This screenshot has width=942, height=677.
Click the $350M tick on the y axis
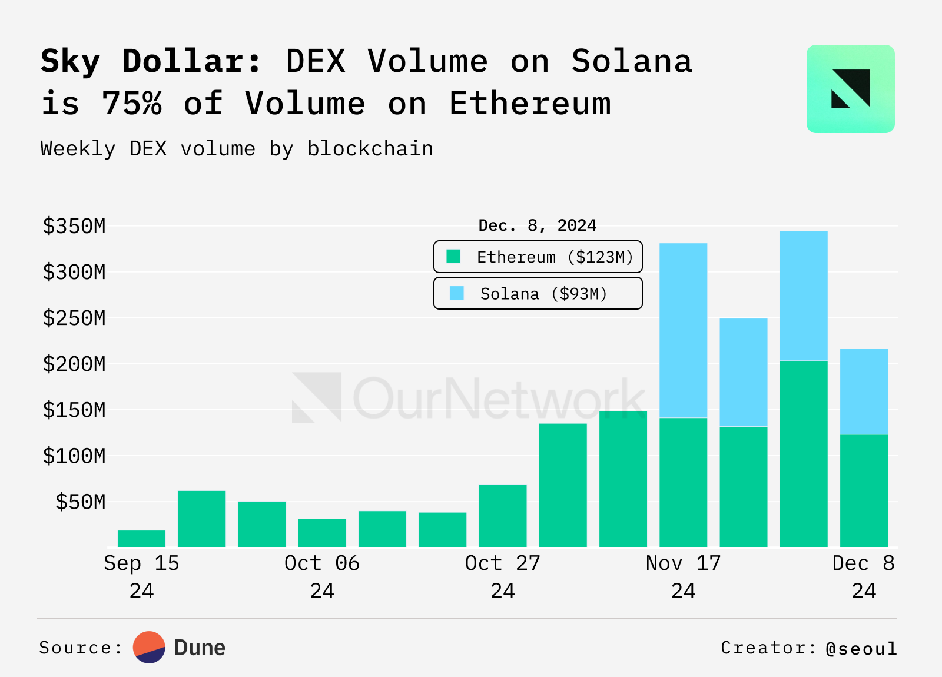[74, 226]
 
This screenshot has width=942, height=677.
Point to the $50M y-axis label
[80, 502]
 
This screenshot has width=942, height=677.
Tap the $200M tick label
[74, 364]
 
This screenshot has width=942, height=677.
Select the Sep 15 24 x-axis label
[141, 576]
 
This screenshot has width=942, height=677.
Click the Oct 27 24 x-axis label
[502, 576]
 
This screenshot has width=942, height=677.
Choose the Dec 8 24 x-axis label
[863, 576]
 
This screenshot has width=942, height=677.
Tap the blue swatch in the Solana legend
[457, 293]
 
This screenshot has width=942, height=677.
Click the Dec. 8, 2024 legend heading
[537, 225]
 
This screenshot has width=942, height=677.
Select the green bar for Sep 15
[141, 539]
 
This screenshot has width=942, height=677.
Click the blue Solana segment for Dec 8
[863, 391]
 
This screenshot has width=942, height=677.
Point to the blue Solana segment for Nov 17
[683, 330]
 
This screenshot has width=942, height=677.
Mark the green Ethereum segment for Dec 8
[863, 490]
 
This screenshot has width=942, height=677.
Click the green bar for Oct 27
[502, 516]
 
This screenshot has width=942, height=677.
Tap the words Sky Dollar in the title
[150, 61]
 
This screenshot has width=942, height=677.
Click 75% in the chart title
[132, 104]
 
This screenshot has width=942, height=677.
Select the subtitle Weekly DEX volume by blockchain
[237, 149]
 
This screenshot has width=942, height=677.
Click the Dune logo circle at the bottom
[149, 648]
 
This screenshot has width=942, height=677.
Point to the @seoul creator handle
[861, 648]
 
